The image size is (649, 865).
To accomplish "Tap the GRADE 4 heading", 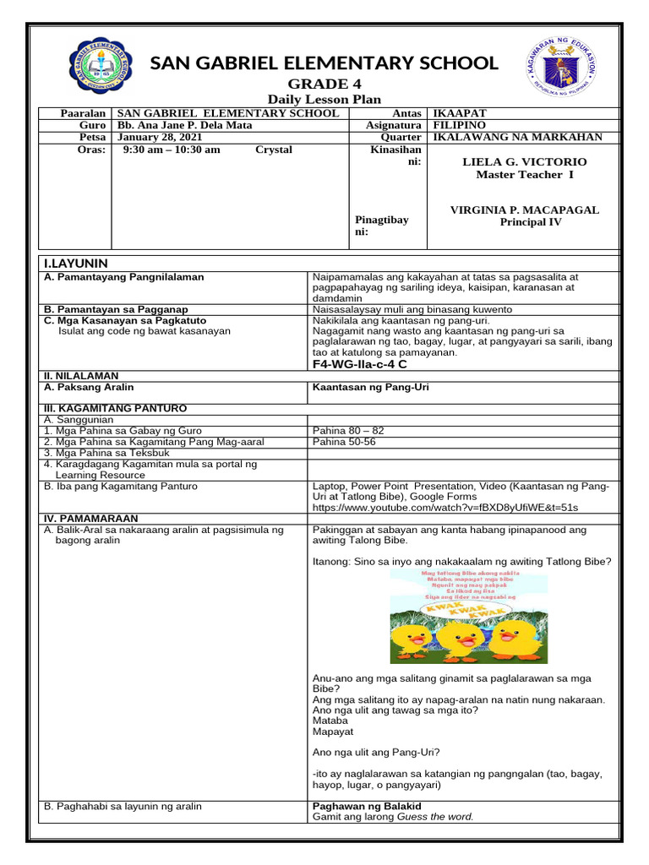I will (x=318, y=84).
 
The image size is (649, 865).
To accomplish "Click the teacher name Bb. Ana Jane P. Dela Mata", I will (x=185, y=125).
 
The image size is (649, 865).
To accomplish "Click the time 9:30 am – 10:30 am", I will (x=172, y=150).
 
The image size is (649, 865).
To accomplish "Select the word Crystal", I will (x=274, y=150).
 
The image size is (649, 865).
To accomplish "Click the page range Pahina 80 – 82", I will (x=348, y=430).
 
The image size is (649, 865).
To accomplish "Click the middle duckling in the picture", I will (x=461, y=639).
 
